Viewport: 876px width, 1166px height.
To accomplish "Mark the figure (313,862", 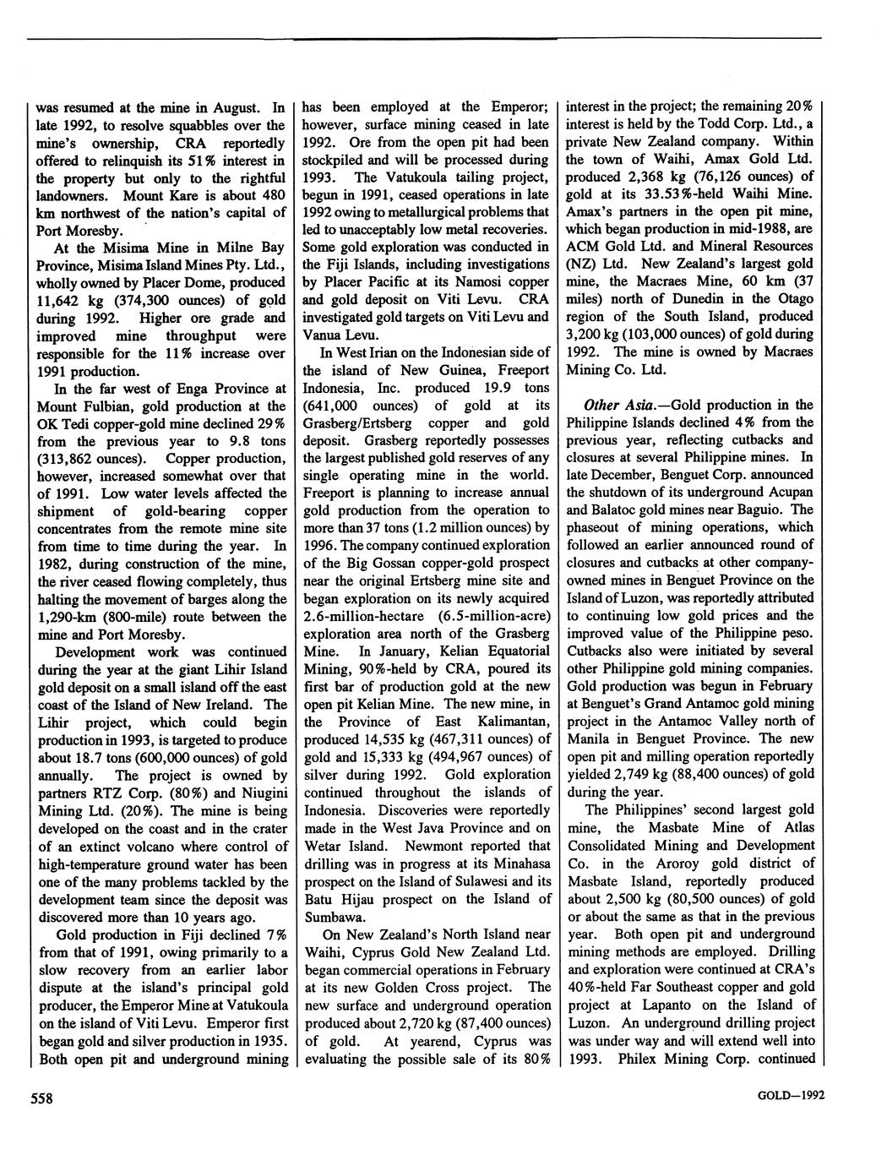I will click(68, 459).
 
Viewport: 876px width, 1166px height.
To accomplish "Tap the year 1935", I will click(268, 1040).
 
